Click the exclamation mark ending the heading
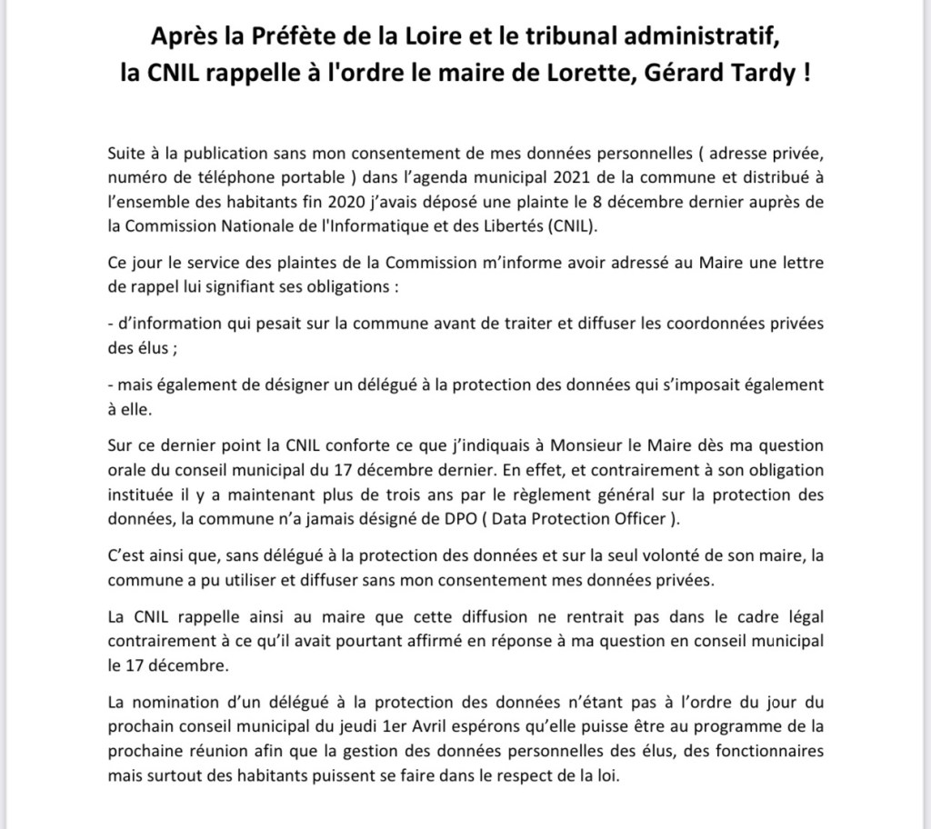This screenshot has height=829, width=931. coord(806,72)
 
